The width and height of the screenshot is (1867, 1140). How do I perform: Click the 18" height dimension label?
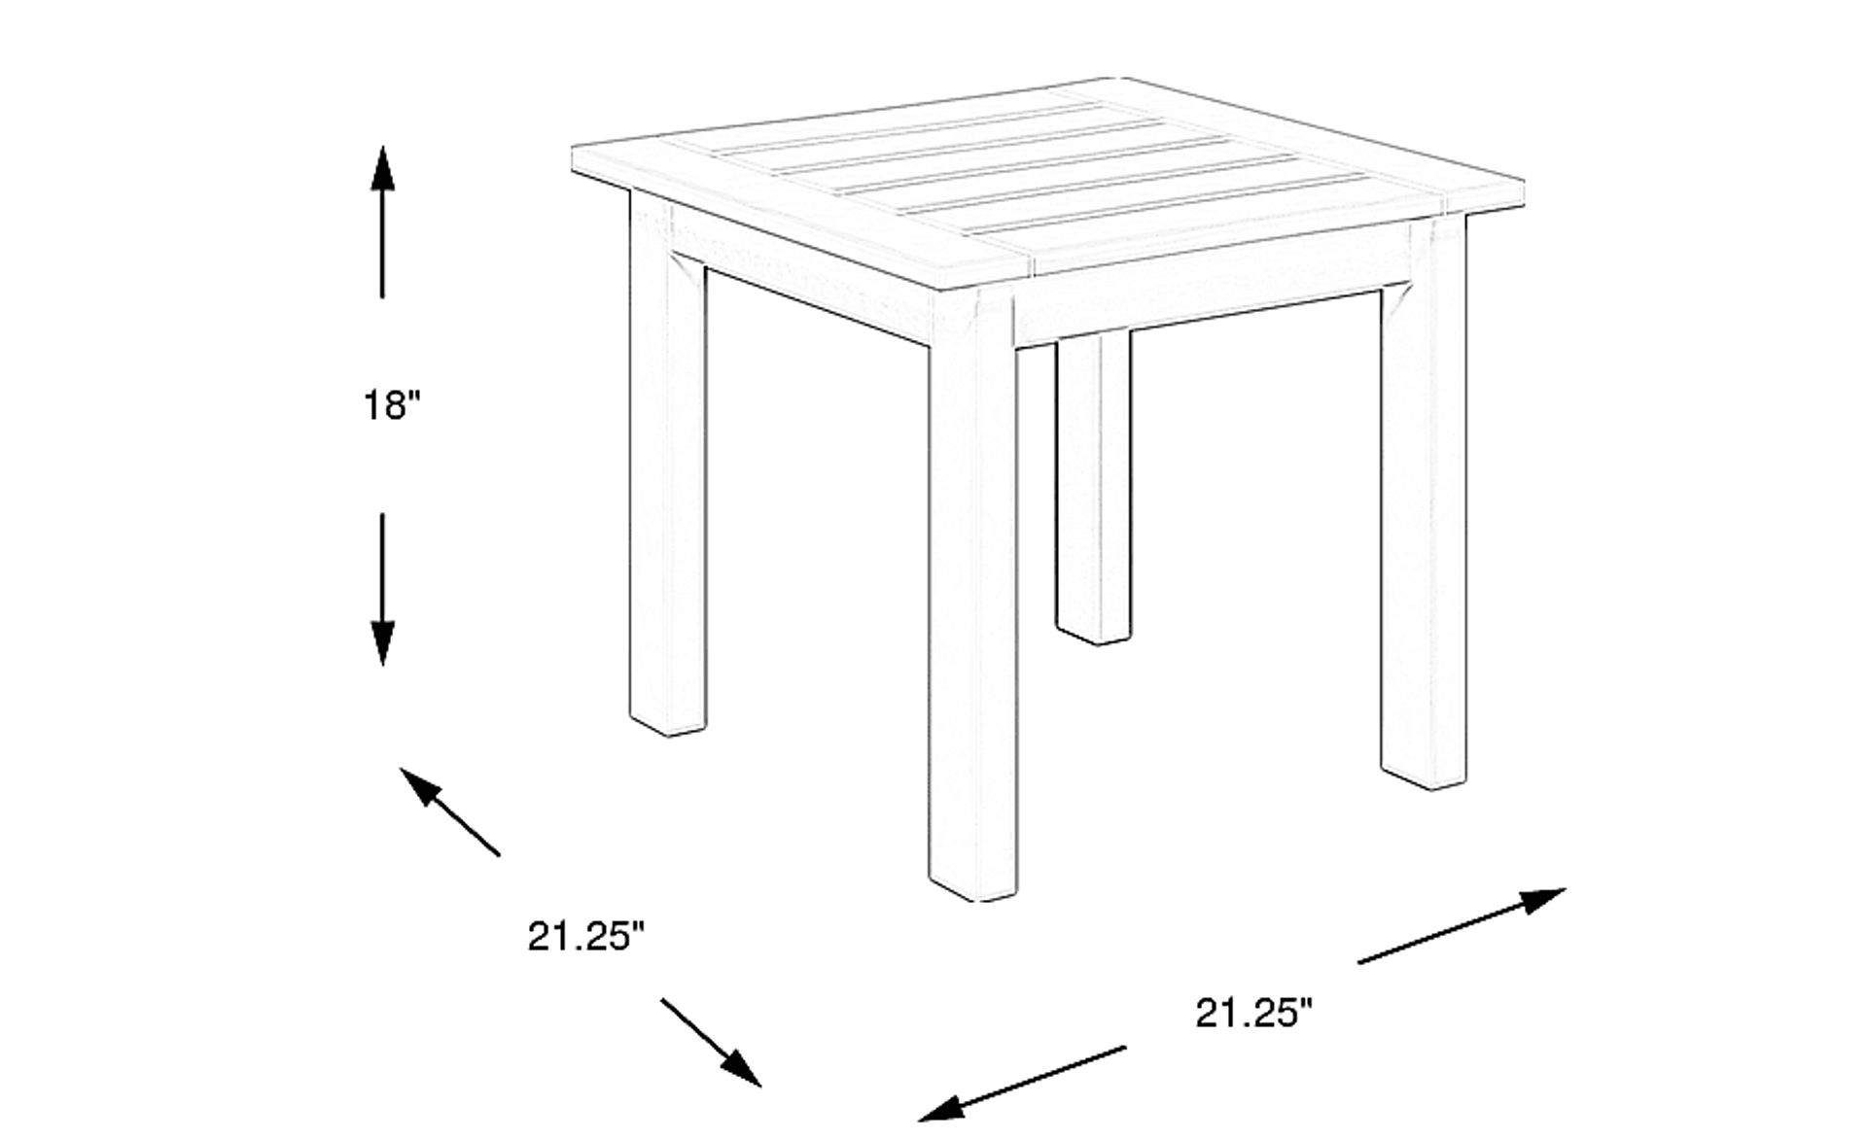tap(393, 405)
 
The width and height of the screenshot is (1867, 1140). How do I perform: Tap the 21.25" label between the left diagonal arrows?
tap(586, 937)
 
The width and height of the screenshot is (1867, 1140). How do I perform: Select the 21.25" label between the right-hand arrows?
tap(1253, 1013)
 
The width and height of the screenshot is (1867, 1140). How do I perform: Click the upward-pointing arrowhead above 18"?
tap(382, 166)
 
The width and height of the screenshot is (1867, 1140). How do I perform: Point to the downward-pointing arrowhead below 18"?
tap(382, 643)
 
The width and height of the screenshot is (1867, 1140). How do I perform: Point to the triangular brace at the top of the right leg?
tap(1396, 301)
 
